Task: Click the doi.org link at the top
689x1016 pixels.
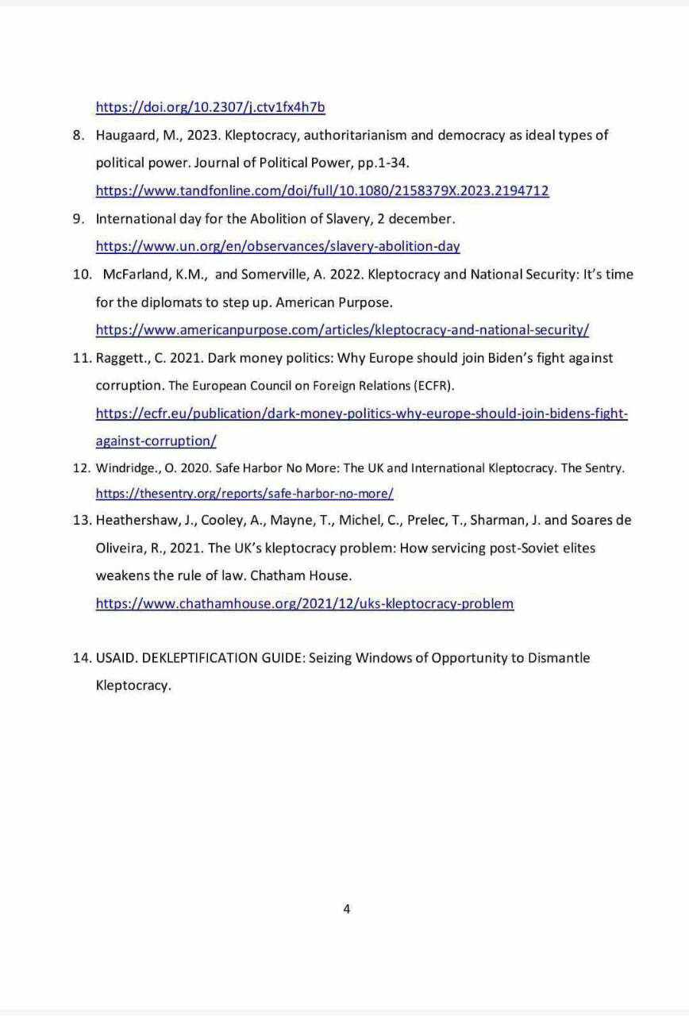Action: (210, 107)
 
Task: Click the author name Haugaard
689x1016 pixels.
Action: (127, 135)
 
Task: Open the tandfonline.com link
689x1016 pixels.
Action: (321, 190)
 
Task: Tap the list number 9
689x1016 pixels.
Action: (78, 218)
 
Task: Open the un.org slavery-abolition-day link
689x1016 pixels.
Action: (278, 246)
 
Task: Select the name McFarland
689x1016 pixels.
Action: (137, 274)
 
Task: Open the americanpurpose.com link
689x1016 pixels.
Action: (342, 329)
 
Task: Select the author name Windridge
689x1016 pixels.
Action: (125, 468)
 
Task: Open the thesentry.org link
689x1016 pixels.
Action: (244, 494)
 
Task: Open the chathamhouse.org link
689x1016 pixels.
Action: (305, 603)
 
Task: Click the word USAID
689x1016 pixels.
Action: (117, 658)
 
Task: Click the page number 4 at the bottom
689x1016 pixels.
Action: (347, 909)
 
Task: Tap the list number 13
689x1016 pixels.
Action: (80, 520)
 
